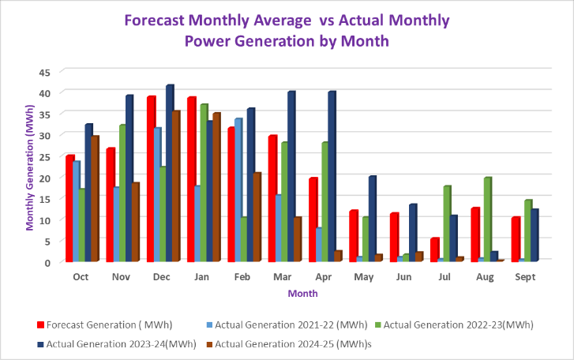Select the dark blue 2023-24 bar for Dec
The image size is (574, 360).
click(x=170, y=174)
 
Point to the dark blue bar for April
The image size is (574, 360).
click(x=332, y=177)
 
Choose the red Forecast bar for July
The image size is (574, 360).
click(x=434, y=249)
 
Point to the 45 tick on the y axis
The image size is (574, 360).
click(x=45, y=72)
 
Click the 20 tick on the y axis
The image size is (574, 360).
click(x=45, y=178)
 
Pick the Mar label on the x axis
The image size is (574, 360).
click(x=282, y=277)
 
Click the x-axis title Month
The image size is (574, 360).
click(x=302, y=294)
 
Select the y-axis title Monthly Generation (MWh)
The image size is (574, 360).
click(x=30, y=167)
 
